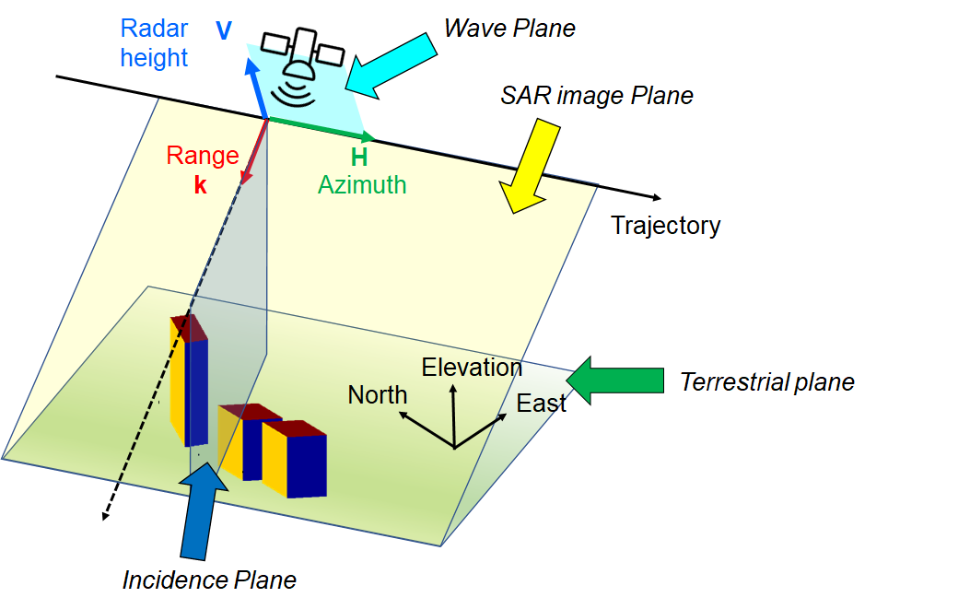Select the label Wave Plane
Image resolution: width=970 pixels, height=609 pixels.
(x=509, y=29)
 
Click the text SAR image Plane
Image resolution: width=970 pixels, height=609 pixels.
(x=596, y=96)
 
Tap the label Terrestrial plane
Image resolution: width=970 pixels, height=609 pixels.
(x=766, y=381)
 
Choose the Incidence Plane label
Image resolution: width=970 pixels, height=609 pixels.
(x=210, y=580)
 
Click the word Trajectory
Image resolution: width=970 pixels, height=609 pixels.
(x=665, y=226)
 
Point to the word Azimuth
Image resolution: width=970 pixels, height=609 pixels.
(x=362, y=184)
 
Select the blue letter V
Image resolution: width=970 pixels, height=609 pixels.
(x=223, y=31)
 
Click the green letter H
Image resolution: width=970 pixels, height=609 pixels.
(x=359, y=158)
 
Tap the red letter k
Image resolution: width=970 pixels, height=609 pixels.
(x=200, y=184)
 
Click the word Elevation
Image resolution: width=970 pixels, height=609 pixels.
(x=472, y=368)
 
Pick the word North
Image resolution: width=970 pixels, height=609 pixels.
(x=377, y=395)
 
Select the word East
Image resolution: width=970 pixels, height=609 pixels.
(x=541, y=404)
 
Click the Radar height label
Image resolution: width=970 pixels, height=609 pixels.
(x=154, y=43)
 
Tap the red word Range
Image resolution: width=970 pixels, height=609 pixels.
(x=202, y=156)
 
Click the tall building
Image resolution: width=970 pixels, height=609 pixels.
(x=188, y=380)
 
